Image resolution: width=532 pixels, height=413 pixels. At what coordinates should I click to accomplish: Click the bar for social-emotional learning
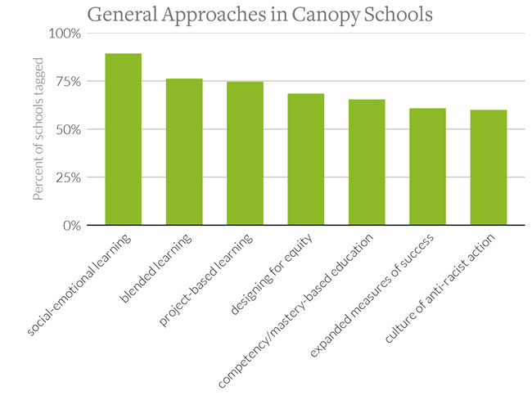123,139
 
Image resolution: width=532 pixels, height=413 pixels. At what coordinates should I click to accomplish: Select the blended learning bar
184,151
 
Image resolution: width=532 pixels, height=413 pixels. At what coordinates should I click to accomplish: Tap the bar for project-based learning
245,153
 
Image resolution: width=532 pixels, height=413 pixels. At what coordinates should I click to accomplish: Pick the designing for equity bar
305,159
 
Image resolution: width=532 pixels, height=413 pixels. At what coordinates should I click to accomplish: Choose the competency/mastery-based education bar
367,162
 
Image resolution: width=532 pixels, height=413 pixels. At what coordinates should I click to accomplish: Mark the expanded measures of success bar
427,166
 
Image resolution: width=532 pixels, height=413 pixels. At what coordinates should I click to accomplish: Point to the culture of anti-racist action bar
489,167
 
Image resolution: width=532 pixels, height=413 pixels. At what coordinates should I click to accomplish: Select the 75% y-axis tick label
67,81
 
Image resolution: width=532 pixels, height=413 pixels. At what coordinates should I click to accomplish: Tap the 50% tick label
67,129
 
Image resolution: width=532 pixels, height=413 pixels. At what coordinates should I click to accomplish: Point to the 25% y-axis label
67,177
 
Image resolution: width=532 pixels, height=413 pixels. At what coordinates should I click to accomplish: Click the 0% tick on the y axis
70,225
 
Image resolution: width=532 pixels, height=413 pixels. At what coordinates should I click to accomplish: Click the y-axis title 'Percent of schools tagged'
38,129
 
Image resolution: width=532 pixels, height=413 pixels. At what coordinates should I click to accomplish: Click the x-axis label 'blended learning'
158,267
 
